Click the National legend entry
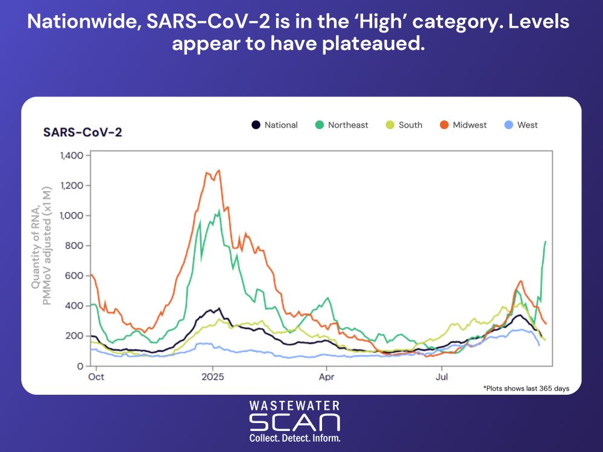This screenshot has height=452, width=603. pos(274,125)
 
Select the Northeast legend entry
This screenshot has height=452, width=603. pos(341,125)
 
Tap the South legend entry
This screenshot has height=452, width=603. pos(404,125)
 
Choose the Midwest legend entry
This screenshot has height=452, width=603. pos(463,125)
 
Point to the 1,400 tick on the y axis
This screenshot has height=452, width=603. pos(71,155)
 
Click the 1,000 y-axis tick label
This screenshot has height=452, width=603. pos(71,216)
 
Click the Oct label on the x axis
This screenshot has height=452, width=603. pos(96,377)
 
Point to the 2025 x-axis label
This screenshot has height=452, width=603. pos(212,377)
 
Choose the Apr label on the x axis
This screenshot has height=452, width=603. pos(327,377)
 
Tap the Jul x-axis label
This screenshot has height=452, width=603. pos(441,377)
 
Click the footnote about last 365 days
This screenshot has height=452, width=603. pos(526,388)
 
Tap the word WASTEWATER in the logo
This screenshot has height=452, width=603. pos(295,406)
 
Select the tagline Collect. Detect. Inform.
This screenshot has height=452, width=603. pos(295,438)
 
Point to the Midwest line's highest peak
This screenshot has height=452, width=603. pos(218,170)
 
